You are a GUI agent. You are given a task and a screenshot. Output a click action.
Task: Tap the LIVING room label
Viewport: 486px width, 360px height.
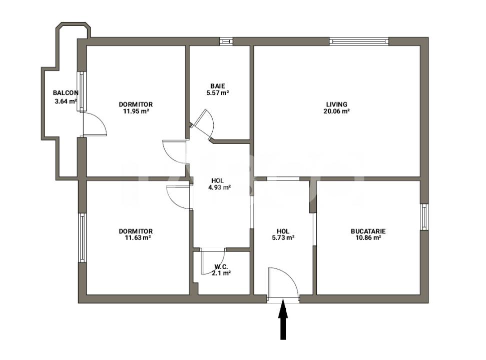(336, 104)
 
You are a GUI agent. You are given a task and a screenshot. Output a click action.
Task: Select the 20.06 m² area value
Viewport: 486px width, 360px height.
(336, 111)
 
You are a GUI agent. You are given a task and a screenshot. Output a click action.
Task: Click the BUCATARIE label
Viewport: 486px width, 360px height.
(368, 231)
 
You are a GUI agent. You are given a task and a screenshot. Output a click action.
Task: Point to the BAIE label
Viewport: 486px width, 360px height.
(218, 86)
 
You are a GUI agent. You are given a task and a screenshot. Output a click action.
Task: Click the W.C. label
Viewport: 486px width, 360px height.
(222, 266)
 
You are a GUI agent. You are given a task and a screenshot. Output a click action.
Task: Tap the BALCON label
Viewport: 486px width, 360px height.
(66, 93)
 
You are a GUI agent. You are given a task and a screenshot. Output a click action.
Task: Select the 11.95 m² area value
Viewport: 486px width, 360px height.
(136, 111)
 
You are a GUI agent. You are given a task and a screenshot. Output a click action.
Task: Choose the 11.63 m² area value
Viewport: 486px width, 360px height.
(136, 238)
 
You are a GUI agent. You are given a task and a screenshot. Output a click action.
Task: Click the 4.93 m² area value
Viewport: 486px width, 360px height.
(218, 188)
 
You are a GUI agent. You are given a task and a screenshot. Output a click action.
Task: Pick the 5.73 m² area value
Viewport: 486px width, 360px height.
(283, 238)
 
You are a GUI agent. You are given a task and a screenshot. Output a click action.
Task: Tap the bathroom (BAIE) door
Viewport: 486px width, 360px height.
(204, 122)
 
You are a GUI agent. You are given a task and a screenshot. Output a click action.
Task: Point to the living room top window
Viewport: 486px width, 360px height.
(359, 41)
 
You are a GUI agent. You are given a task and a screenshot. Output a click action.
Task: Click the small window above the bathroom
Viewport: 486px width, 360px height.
(226, 41)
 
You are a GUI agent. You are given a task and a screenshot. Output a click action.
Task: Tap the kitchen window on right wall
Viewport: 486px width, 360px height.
(424, 217)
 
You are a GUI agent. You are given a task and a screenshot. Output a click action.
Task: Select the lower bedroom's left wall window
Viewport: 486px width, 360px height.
(82, 237)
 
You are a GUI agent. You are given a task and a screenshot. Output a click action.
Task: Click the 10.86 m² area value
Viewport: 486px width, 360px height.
(368, 238)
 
